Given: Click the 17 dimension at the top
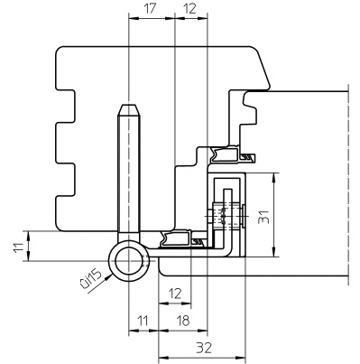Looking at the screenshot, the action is (149, 9).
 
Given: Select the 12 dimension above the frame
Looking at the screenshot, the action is (189, 9).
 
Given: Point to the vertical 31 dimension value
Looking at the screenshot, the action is (264, 217).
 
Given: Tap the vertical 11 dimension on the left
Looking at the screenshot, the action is (18, 247).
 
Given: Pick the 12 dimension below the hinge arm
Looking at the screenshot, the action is (175, 294).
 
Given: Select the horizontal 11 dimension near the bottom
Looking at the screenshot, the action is (143, 321).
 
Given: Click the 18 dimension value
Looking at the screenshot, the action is (182, 321).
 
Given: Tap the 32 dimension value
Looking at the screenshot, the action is (204, 348).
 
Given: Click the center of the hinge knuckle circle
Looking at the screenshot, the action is (128, 261).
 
